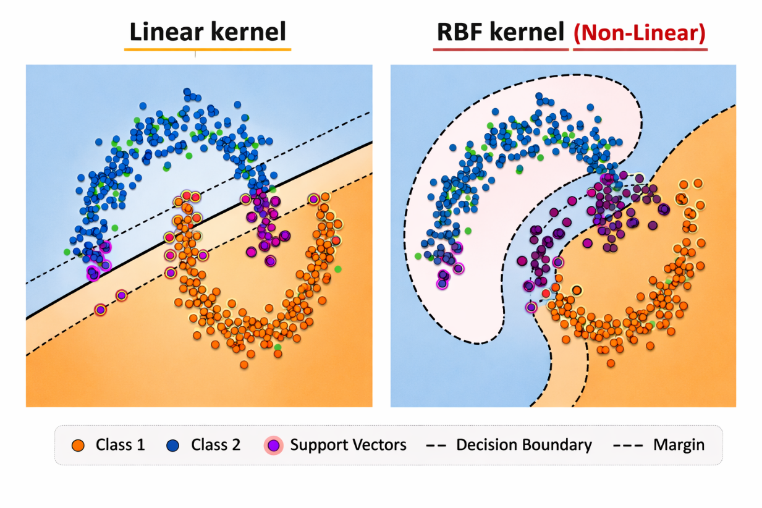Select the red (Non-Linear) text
click(640, 32)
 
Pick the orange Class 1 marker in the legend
click(78, 445)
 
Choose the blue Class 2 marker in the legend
click(173, 445)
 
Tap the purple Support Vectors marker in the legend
click(273, 445)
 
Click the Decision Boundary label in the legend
click(523, 445)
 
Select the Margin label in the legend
click(679, 445)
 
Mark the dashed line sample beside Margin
click(629, 445)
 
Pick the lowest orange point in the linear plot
click(244, 365)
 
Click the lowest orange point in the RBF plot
click(611, 363)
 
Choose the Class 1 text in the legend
click(120, 445)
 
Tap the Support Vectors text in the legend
click(348, 445)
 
